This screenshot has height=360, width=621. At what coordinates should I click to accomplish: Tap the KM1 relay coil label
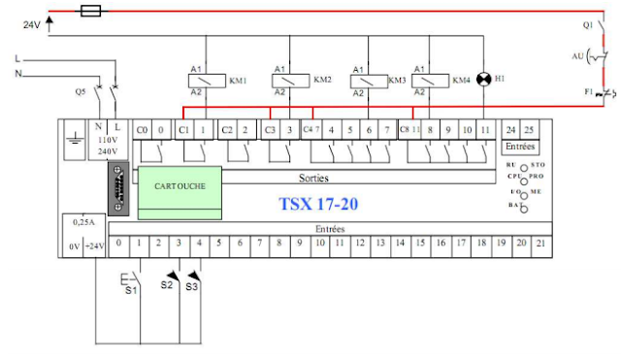tap(238, 81)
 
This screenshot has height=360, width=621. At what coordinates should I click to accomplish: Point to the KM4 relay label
tap(463, 81)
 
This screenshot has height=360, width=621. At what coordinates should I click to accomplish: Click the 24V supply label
tap(32, 26)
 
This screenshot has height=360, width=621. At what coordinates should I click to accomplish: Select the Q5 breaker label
tap(80, 93)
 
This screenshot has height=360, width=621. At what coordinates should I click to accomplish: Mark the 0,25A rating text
tap(82, 222)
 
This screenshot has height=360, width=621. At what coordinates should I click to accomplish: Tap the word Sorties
tap(312, 179)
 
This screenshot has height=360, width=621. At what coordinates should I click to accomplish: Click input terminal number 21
tap(540, 243)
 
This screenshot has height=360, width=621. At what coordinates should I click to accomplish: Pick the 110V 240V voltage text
tap(108, 146)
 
